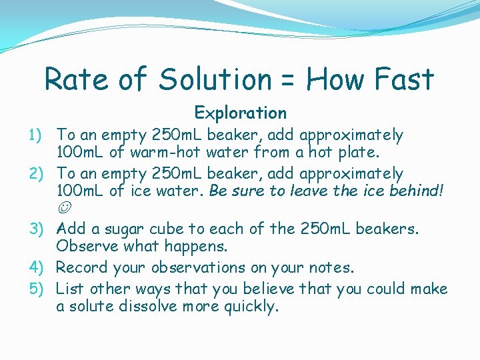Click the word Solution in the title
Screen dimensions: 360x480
coord(215,80)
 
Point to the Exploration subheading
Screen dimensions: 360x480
coord(240,113)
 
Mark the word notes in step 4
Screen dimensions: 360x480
coord(329,268)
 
